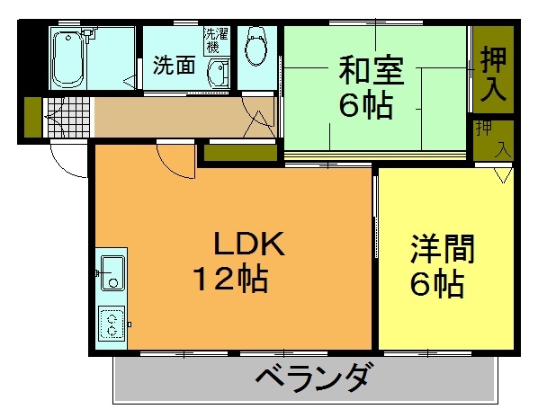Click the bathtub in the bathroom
(67, 58)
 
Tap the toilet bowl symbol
(256, 47)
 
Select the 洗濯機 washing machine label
(217, 40)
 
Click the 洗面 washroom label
(175, 65)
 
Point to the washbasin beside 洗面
(219, 74)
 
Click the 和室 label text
(372, 71)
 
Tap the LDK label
(249, 244)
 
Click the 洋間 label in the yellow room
(443, 249)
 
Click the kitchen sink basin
(112, 273)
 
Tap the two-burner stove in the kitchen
(112, 324)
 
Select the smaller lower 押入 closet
(493, 140)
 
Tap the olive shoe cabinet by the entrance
(33, 117)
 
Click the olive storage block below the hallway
(240, 153)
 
